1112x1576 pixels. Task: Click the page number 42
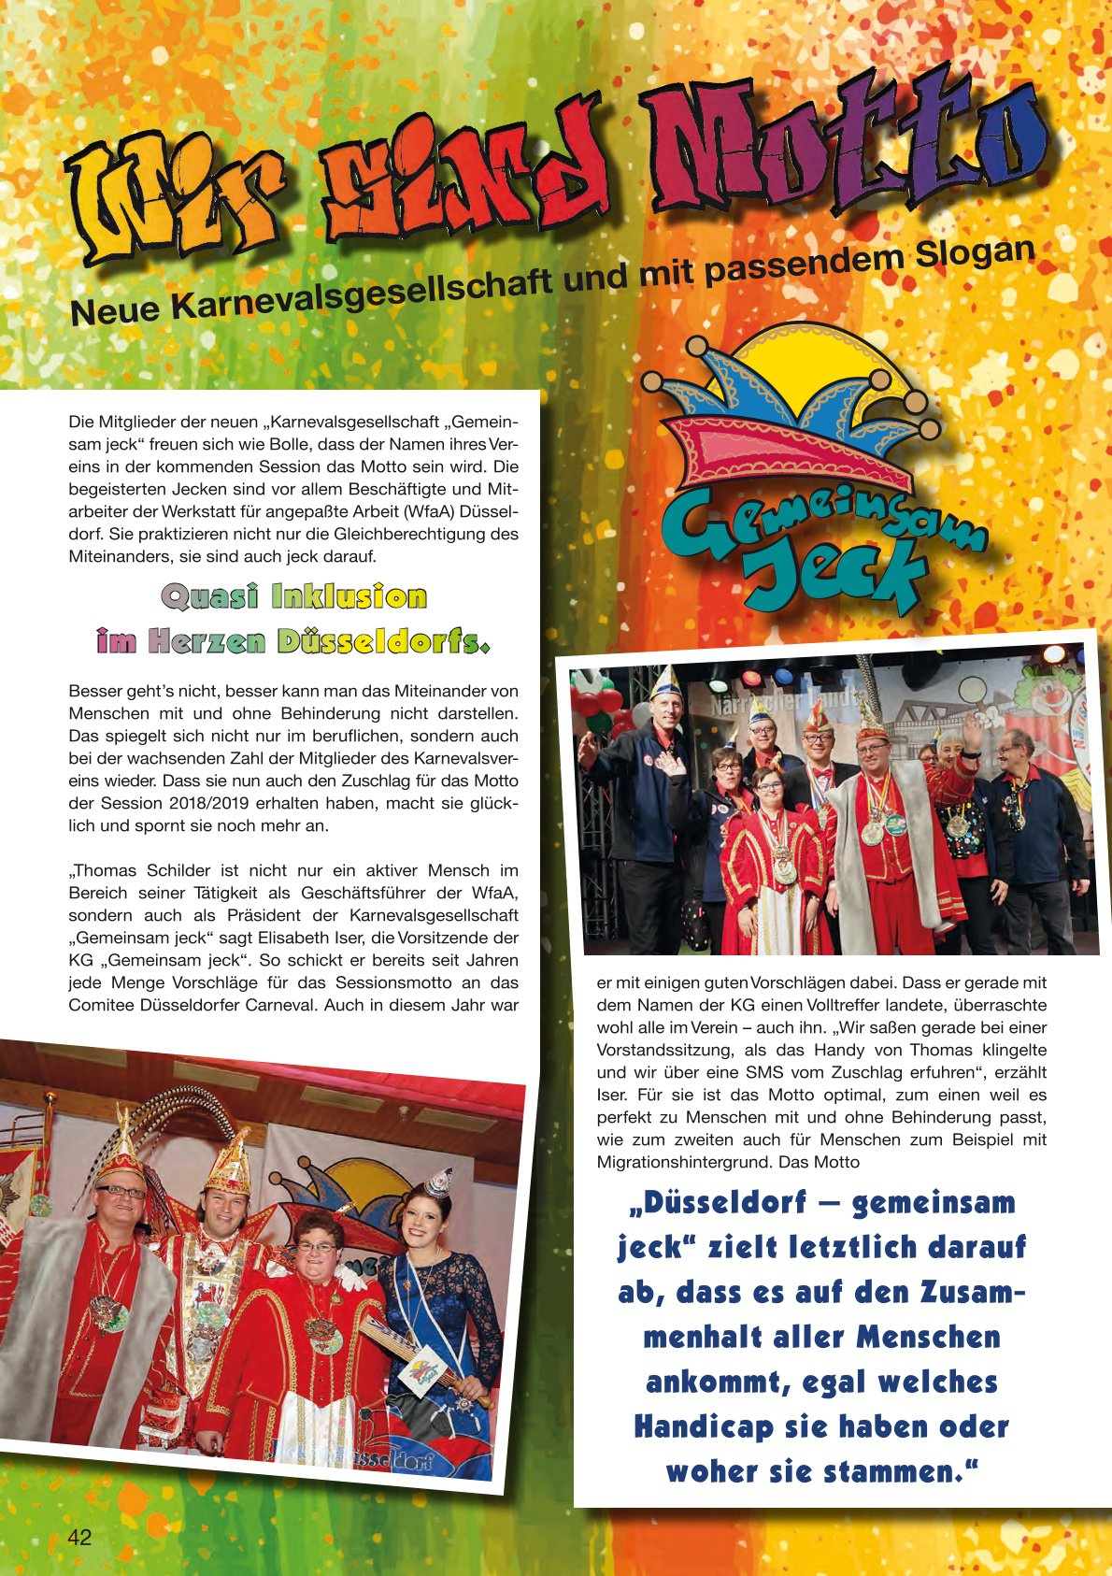click(79, 1538)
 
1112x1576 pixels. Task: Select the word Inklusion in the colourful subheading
click(349, 596)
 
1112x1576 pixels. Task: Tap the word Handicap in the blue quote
click(704, 1427)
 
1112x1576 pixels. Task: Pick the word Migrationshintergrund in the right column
click(685, 1162)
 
